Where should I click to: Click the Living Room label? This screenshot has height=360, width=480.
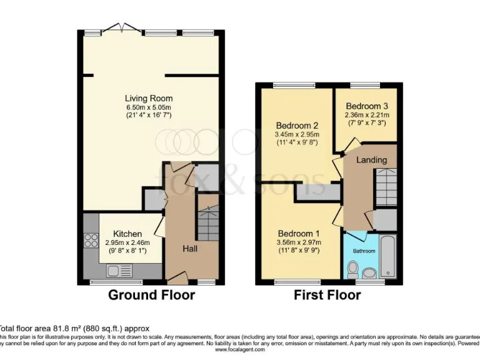[x=149, y=98]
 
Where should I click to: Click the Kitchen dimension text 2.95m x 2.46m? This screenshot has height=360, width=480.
[x=127, y=242]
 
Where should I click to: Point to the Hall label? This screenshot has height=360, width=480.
[x=191, y=248]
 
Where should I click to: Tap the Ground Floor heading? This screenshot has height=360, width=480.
[x=152, y=295]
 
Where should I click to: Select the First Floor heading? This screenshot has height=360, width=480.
[x=327, y=295]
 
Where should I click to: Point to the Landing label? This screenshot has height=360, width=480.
[x=371, y=160]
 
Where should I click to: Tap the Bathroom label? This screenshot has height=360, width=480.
[x=364, y=251]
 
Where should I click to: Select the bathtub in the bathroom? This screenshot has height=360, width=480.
[x=387, y=256]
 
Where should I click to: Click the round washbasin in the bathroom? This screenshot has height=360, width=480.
[x=369, y=272]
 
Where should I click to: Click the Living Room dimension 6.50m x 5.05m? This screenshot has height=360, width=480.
[x=149, y=107]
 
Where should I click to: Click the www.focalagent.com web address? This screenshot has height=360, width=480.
[x=240, y=350]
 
